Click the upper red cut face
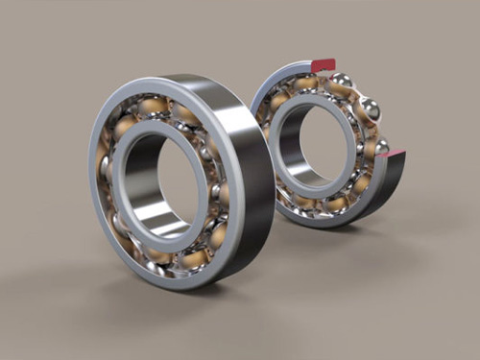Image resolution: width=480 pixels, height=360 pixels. [324, 65]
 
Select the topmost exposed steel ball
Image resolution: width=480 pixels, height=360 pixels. [342, 81]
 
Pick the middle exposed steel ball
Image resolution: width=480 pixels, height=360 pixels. [369, 109]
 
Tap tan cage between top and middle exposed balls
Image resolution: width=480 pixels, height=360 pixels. [357, 94]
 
